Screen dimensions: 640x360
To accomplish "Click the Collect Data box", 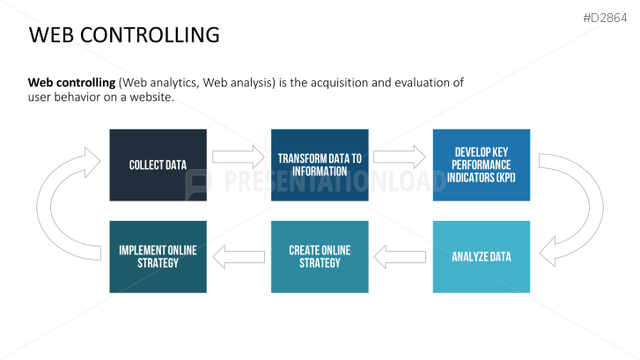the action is tap(158, 165).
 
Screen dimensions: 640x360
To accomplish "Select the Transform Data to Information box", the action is tap(320, 165).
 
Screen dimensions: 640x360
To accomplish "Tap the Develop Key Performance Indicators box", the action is tap(482, 165).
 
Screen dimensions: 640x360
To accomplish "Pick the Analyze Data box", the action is tap(482, 257).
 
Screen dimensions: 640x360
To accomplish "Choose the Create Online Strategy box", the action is tap(320, 257).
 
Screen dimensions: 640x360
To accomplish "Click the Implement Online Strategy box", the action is tap(158, 257).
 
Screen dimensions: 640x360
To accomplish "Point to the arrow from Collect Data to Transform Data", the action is tap(239, 158).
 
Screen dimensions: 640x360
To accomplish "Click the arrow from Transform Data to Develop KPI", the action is tap(400, 158).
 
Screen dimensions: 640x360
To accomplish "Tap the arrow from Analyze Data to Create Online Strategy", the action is tap(400, 257).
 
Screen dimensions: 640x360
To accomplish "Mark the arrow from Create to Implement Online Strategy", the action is tap(239, 257).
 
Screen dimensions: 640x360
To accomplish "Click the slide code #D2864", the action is tap(605, 18).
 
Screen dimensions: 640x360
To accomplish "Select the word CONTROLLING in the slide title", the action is tap(150, 34).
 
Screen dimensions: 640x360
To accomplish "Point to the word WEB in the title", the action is tap(51, 34).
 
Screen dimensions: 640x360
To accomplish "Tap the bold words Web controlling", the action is tap(72, 83).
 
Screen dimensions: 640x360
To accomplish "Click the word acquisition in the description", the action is tap(340, 83).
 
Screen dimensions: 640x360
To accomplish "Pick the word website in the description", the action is tap(151, 97).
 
